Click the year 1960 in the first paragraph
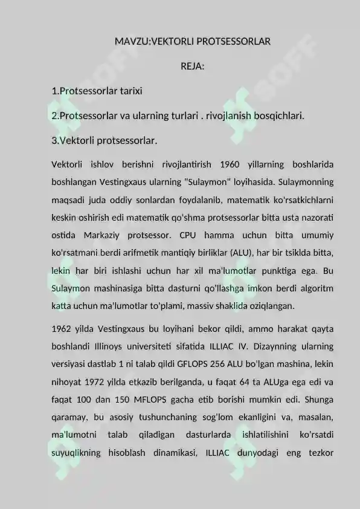[x=230, y=164]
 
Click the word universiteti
[x=176, y=346]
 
